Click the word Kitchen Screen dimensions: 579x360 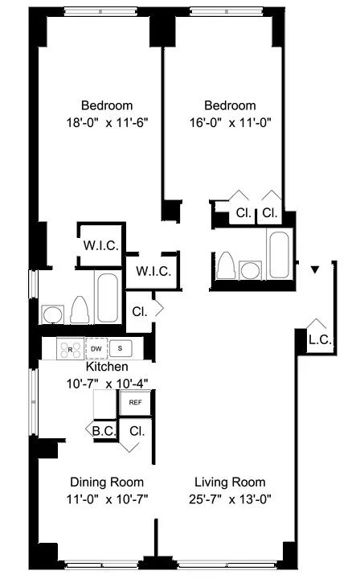(108, 368)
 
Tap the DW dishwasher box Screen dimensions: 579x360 (96, 348)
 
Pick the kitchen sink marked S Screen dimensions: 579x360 (121, 348)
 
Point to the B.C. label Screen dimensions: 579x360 (103, 431)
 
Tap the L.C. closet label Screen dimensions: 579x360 (319, 340)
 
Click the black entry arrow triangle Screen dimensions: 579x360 (316, 268)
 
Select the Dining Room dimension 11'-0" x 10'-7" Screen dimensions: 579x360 (107, 499)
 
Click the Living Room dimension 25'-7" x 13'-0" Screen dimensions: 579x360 (230, 499)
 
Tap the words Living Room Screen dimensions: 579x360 (230, 482)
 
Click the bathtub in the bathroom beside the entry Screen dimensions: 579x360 (278, 256)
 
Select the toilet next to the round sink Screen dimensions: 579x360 (80, 308)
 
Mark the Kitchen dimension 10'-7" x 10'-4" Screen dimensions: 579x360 (107, 384)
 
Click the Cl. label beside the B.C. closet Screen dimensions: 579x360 (136, 431)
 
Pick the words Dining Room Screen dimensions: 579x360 (107, 482)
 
